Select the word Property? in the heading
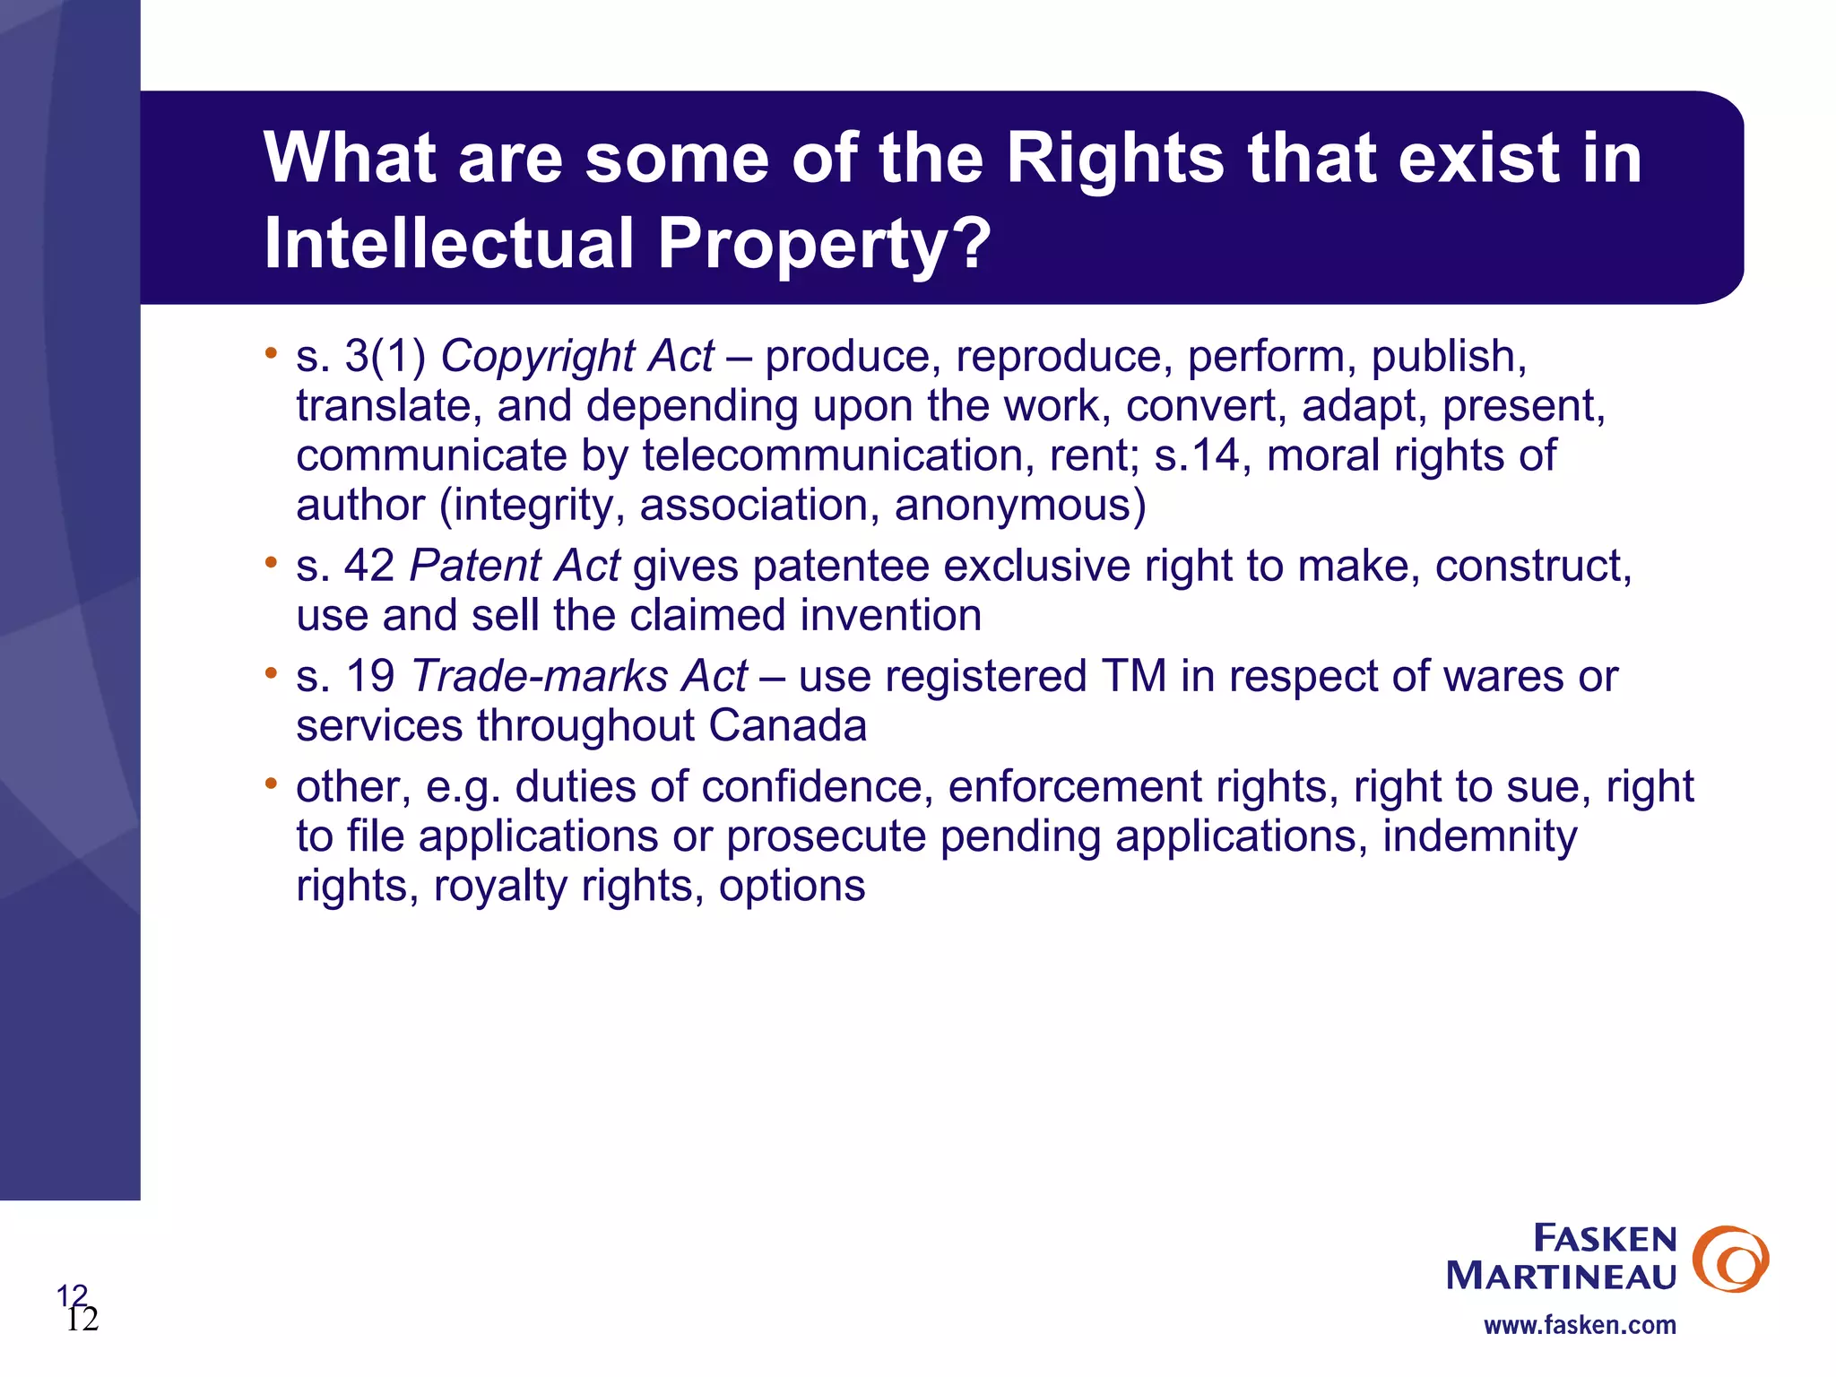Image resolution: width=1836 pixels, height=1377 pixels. tap(825, 244)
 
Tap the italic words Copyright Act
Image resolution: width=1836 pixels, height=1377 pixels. tap(577, 357)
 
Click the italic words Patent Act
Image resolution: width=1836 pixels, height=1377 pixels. tap(515, 567)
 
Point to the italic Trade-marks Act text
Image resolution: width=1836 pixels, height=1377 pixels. tap(579, 677)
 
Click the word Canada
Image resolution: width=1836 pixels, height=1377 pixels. tap(787, 726)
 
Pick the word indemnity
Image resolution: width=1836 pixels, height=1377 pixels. tap(1479, 837)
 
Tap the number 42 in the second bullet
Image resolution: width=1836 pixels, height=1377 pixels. tap(369, 567)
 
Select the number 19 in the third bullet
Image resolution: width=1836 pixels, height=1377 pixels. tap(370, 677)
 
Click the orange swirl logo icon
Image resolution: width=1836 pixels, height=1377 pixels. tap(1730, 1259)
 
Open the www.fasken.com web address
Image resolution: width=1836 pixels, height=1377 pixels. tap(1580, 1325)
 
